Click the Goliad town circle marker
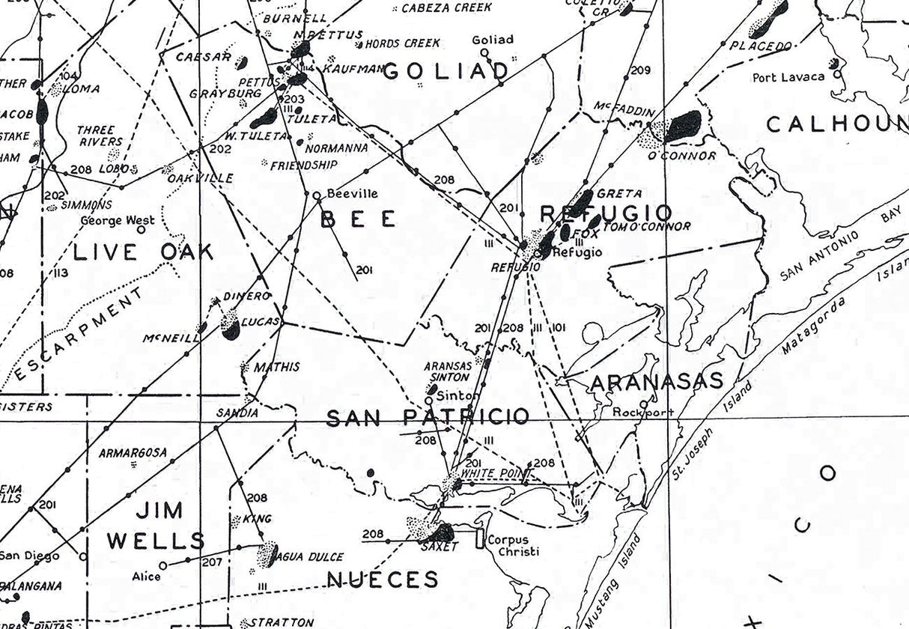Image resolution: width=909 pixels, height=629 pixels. [x=484, y=53]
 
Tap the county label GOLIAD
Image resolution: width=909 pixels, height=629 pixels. [x=446, y=72]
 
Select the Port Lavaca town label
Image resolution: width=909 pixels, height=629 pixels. [x=788, y=76]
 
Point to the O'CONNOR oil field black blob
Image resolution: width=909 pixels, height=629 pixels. [x=684, y=126]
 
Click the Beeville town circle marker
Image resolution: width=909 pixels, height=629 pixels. [x=317, y=195]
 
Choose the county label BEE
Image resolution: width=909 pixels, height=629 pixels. [x=359, y=219]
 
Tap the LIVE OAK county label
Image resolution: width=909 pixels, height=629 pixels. [x=143, y=252]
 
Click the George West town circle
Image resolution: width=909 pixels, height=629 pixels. [x=141, y=230]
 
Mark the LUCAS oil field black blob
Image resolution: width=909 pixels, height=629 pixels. [x=231, y=329]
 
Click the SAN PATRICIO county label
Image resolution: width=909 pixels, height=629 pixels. [x=428, y=418]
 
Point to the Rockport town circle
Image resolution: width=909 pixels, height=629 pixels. [x=643, y=404]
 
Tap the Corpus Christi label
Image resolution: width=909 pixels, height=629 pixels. [x=508, y=545]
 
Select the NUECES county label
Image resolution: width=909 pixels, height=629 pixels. [x=382, y=579]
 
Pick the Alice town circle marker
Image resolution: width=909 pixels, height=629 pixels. [x=162, y=565]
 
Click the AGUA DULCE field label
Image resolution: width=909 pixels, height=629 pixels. [x=310, y=557]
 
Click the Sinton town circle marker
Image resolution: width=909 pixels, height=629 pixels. [x=428, y=400]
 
